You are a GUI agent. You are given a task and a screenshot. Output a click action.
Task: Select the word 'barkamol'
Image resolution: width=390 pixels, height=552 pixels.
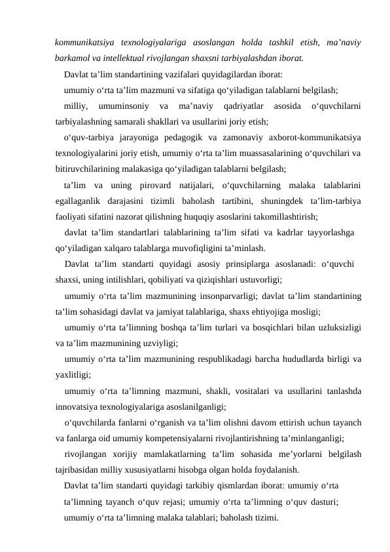pyautogui.click(x=74, y=57)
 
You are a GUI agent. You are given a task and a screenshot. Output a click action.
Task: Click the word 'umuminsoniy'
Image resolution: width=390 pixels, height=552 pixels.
pyautogui.click(x=122, y=106)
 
